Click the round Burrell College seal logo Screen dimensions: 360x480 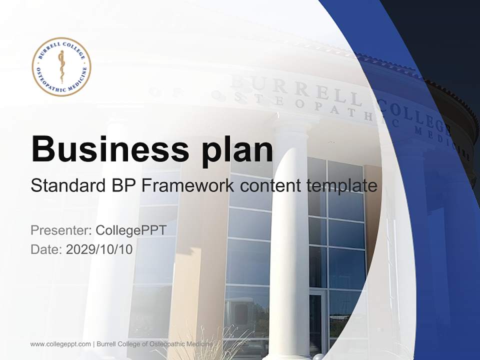[61, 66]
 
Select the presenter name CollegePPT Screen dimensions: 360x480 [131, 230]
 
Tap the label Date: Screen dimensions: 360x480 [46, 249]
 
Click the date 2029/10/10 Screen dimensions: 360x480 [99, 249]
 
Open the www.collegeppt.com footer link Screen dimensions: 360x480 [60, 344]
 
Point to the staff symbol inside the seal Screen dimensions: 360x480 [61, 66]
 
